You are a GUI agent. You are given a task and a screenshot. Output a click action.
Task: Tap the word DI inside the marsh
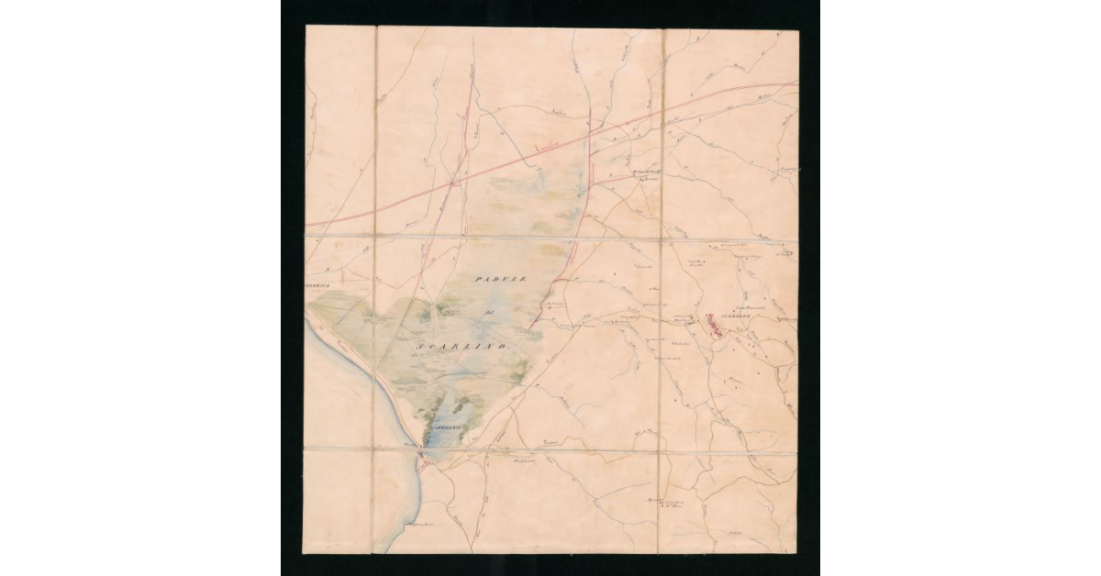[490, 315]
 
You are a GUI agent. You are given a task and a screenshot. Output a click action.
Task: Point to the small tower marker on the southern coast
[409, 525]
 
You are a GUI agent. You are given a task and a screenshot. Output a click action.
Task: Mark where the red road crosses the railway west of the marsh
[455, 183]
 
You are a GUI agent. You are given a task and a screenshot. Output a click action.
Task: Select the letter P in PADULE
[480, 277]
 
